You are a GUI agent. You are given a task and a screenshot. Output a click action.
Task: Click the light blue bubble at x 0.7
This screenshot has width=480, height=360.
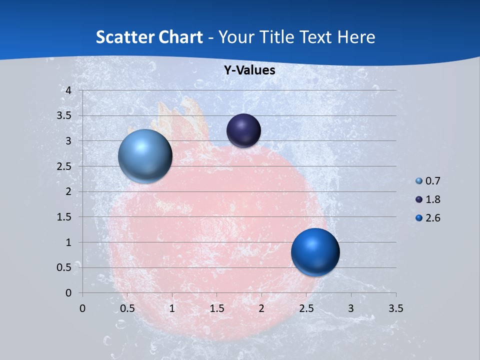[145, 156]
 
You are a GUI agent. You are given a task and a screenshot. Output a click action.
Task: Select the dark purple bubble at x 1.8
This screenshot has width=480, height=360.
[243, 130]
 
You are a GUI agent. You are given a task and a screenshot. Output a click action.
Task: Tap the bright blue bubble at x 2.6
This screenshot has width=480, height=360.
[315, 252]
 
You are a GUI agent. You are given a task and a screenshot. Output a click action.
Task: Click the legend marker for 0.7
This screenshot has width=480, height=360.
[419, 181]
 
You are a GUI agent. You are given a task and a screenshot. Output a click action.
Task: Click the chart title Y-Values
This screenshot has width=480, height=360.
[249, 70]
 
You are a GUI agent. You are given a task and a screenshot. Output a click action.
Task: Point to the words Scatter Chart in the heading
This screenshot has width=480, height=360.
[149, 37]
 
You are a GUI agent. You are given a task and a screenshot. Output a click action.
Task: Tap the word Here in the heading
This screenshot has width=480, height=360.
[356, 37]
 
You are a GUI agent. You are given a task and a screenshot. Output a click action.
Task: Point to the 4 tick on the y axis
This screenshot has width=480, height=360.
[69, 90]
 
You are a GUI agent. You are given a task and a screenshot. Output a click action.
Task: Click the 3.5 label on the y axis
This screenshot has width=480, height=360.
[65, 115]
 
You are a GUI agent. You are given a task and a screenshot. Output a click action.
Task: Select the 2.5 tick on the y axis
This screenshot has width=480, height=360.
[65, 166]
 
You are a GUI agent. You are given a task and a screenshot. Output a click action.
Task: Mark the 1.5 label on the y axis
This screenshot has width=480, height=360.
[65, 217]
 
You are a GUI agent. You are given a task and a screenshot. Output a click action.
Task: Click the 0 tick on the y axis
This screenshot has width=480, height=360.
[69, 293]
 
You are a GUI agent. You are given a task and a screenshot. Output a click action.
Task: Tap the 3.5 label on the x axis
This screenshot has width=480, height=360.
[395, 308]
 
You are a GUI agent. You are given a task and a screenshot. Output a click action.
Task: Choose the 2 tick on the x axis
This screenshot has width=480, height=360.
[261, 308]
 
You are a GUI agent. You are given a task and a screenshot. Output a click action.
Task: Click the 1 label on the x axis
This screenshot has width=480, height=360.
[172, 308]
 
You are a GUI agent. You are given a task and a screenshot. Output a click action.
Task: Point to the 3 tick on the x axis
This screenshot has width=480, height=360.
[351, 308]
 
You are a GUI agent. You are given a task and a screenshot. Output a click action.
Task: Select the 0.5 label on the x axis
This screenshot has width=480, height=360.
[127, 308]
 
